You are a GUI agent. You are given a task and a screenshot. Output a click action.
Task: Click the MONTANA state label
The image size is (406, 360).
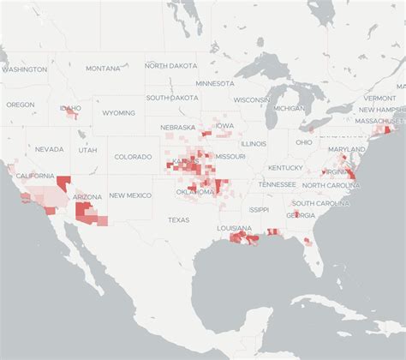103,69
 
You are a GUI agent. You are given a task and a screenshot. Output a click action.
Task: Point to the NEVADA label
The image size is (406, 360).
50,149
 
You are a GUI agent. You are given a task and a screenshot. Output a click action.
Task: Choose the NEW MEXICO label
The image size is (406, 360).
129,195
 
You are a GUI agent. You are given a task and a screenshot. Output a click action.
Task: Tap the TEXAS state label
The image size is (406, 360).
179,219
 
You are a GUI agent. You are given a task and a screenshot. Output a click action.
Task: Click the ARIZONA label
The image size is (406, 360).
87,197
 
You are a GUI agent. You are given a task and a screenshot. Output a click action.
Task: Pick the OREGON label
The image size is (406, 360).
21,105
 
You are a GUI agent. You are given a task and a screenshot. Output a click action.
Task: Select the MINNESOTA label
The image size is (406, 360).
214,84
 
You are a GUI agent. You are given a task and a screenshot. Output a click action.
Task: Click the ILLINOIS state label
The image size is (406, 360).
253,144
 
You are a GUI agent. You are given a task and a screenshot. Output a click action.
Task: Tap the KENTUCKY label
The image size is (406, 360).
285,167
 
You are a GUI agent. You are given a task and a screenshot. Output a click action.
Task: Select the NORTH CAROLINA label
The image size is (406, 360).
325,186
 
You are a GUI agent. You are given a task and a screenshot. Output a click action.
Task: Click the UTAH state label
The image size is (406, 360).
87,150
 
